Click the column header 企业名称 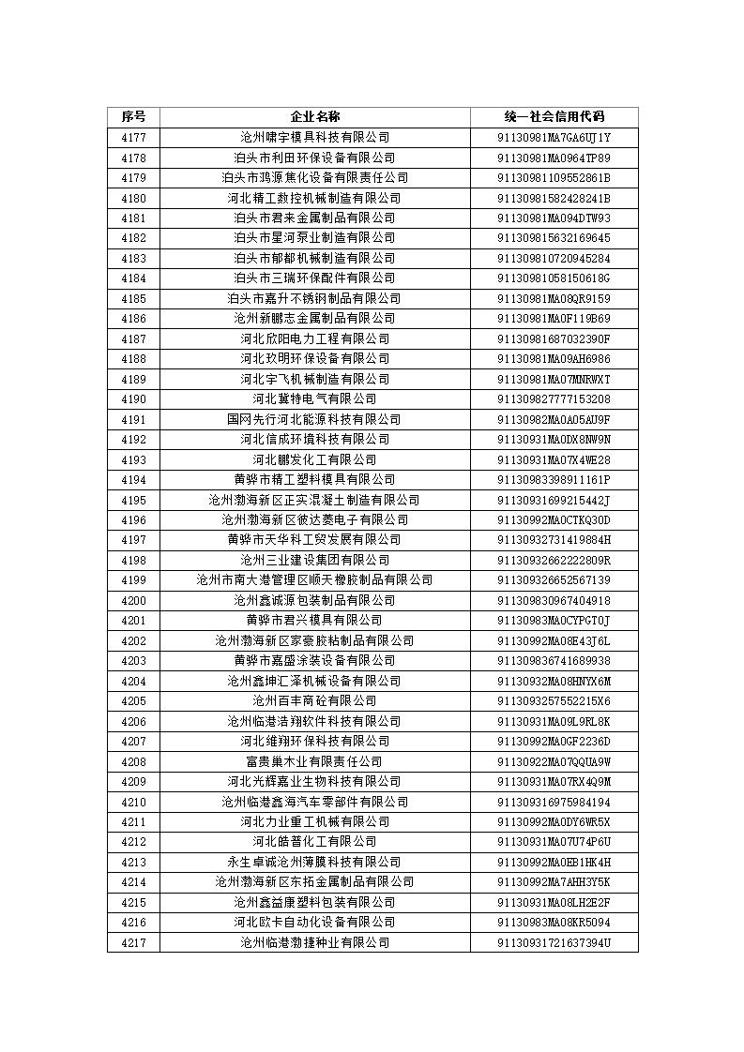click(x=314, y=117)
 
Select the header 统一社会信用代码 click(x=554, y=117)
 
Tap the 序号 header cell click(x=133, y=117)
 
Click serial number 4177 click(x=133, y=138)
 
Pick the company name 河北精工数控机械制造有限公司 click(x=314, y=198)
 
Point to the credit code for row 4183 click(x=554, y=258)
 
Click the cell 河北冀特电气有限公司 click(x=314, y=399)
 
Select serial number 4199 click(x=133, y=580)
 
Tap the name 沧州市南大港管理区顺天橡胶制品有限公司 click(x=314, y=580)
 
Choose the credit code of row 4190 click(x=554, y=399)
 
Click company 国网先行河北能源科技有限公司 click(x=314, y=419)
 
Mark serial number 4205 click(x=133, y=701)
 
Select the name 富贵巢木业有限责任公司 click(x=314, y=761)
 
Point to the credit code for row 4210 click(x=554, y=802)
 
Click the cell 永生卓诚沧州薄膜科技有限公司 click(x=314, y=862)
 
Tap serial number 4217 click(x=133, y=942)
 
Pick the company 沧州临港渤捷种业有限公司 click(x=314, y=942)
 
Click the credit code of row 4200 click(x=554, y=600)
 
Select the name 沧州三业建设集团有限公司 click(x=314, y=560)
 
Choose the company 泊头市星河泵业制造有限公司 click(x=314, y=238)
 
